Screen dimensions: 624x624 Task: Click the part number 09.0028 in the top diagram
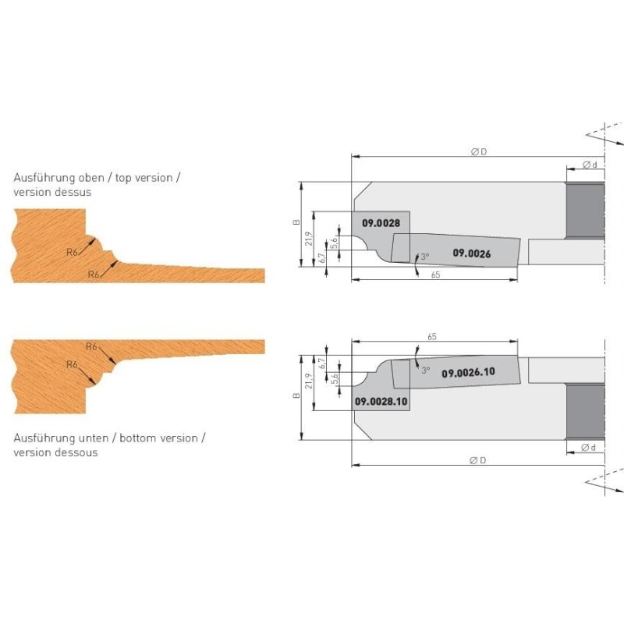click(x=381, y=223)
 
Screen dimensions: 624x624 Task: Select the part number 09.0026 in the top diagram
click(x=472, y=253)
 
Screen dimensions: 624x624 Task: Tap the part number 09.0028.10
click(x=381, y=401)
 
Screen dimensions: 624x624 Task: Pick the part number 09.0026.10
click(x=469, y=373)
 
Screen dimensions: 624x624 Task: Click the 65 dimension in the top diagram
click(x=435, y=275)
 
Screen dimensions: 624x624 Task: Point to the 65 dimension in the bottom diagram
click(x=432, y=337)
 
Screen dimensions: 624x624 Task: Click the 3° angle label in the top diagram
click(x=425, y=257)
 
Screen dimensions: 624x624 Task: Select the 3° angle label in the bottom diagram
click(x=426, y=370)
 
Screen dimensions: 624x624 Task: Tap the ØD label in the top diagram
click(x=479, y=151)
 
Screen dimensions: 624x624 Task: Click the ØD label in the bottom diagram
click(x=478, y=460)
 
